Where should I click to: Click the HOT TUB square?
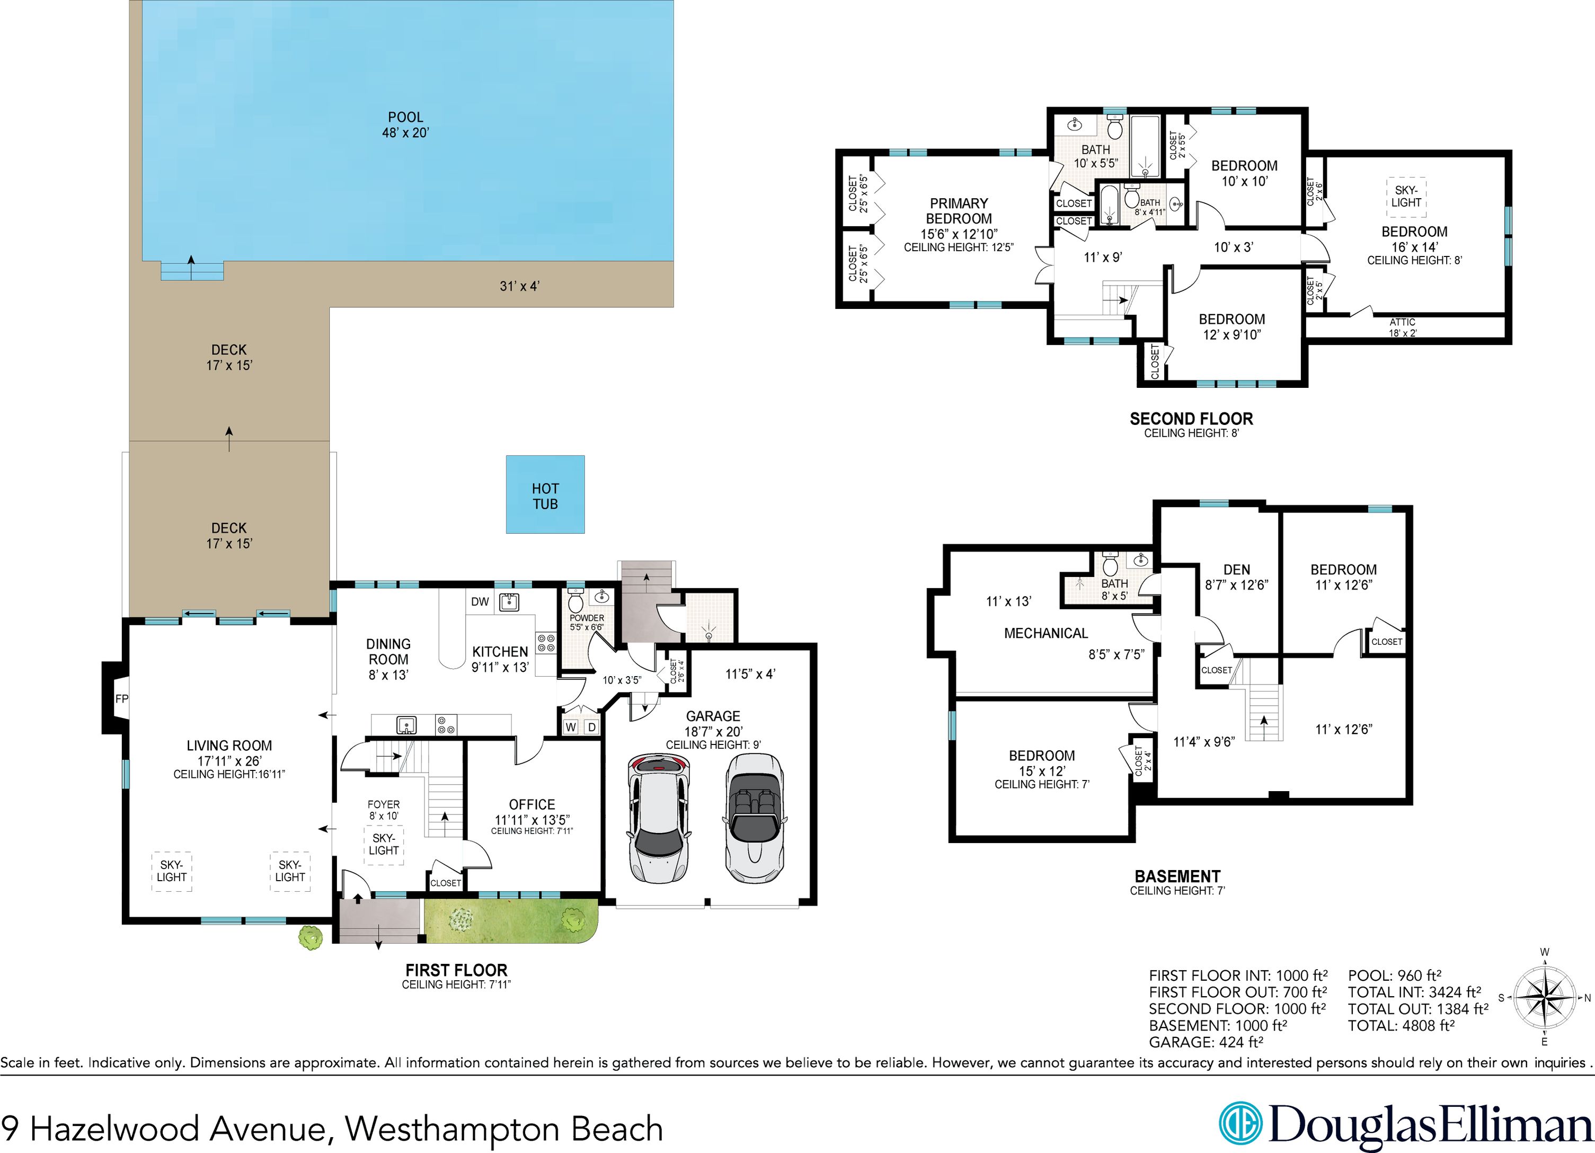[545, 495]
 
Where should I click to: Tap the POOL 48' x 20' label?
[406, 125]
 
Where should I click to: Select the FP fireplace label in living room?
[122, 699]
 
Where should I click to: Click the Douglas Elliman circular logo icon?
[1240, 1123]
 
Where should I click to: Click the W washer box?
[570, 727]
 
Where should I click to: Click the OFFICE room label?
[531, 804]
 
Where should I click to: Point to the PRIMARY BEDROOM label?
[959, 211]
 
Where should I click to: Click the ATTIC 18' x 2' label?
[1402, 327]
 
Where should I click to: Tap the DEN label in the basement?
[1236, 570]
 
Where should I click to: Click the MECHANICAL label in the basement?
[1045, 633]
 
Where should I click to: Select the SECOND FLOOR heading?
[1191, 419]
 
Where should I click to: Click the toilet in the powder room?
[576, 602]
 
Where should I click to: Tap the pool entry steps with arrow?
[191, 270]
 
